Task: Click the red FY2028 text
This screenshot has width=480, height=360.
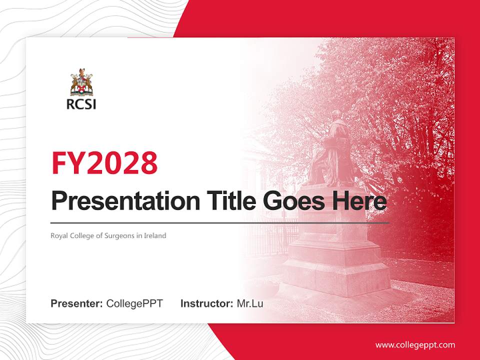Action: point(104,162)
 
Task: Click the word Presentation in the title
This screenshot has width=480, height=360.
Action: point(118,201)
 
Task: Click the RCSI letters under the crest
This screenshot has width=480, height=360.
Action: point(81,104)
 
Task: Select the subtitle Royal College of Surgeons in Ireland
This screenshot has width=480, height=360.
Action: point(108,235)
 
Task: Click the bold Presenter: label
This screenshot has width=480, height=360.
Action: point(77,303)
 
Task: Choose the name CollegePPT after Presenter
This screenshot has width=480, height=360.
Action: point(134,303)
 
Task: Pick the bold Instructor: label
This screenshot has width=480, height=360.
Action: point(206,303)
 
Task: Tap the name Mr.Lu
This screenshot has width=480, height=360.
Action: point(250,303)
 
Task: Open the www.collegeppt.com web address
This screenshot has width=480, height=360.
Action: point(415,345)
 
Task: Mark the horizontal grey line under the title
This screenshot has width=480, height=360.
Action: point(220,223)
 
